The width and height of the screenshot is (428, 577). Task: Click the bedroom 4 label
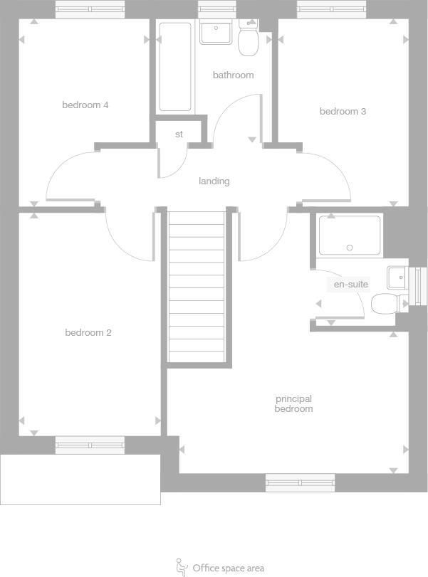coord(85,105)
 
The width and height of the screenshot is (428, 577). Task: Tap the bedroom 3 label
coord(343,112)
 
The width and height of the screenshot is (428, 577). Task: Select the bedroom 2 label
coord(88,333)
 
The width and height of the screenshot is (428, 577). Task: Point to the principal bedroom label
coord(293,404)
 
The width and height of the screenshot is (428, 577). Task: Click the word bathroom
coord(233,75)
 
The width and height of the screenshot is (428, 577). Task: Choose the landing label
coord(214,181)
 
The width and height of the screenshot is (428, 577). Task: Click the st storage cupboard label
coord(179,134)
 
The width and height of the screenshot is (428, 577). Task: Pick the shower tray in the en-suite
coord(350,235)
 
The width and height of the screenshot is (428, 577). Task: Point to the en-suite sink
coord(397,275)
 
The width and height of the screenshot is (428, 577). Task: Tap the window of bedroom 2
coord(90,446)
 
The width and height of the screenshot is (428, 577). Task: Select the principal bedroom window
coord(300,483)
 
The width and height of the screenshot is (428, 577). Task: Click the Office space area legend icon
coord(182,566)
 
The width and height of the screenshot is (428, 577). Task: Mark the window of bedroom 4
coord(90,9)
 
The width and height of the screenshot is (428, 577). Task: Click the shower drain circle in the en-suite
coord(350,248)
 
